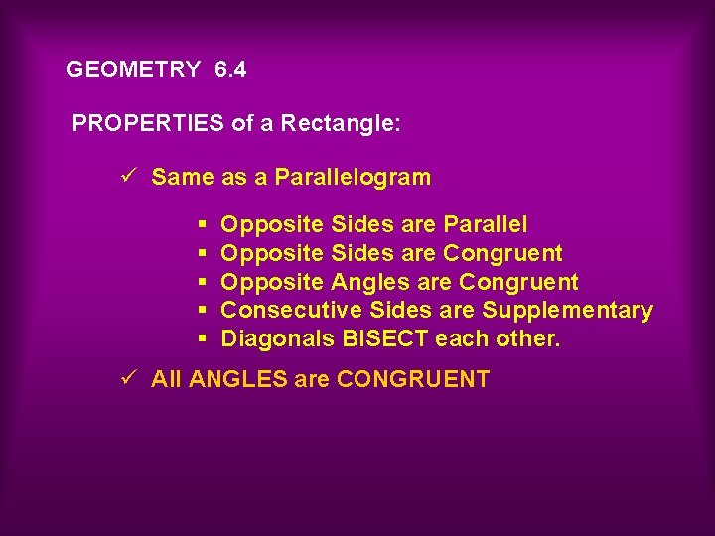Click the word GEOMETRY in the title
click(x=132, y=70)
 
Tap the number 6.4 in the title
click(x=230, y=70)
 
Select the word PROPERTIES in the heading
click(x=149, y=124)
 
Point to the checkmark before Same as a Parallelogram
click(x=126, y=177)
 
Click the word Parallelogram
click(x=353, y=178)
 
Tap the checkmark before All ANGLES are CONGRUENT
click(x=126, y=378)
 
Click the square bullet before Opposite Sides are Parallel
click(x=202, y=225)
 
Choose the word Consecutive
click(x=281, y=311)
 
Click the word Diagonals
click(x=277, y=339)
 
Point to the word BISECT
click(x=386, y=339)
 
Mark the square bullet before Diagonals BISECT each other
click(x=202, y=339)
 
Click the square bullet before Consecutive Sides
click(x=202, y=311)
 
